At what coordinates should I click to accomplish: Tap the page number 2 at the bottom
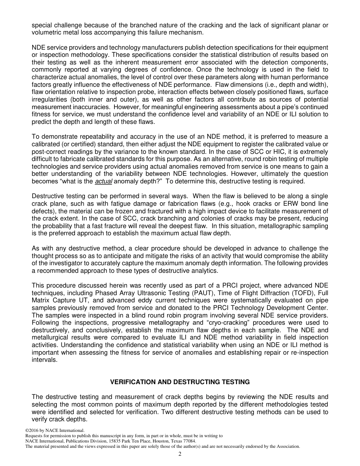[x=180, y=454]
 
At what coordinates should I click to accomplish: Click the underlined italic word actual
[x=103, y=181]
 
